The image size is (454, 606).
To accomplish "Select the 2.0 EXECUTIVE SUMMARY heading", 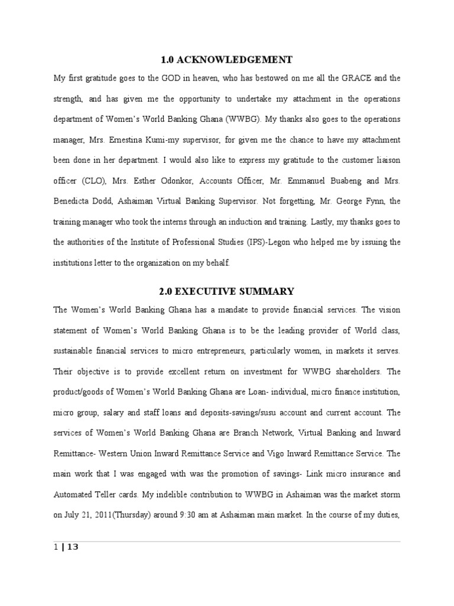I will [x=226, y=291].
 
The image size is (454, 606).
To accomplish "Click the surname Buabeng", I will [x=342, y=181].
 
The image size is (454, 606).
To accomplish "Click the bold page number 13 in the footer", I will [x=73, y=547].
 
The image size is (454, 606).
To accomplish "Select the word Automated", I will [x=74, y=494].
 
